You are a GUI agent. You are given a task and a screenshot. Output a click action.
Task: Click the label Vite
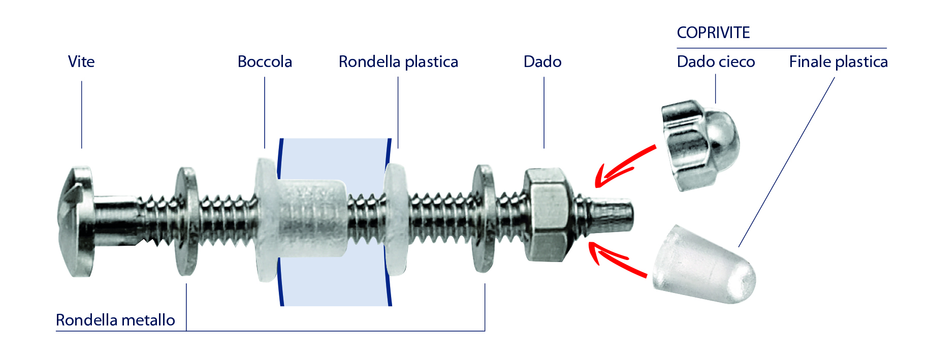tap(81, 62)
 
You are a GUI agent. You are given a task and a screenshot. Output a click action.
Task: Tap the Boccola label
tap(265, 62)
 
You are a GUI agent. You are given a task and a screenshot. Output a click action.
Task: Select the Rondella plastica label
tap(398, 62)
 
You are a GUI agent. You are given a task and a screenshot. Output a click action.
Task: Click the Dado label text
tap(542, 62)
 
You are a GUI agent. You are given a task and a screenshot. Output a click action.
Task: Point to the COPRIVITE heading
tap(713, 33)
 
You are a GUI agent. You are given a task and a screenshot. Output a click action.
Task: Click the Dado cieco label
tap(716, 62)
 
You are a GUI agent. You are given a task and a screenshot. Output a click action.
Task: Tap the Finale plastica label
tap(838, 62)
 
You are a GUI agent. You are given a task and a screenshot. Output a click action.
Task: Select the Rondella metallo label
tap(115, 320)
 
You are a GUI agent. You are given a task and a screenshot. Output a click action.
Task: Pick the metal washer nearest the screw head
tap(186, 221)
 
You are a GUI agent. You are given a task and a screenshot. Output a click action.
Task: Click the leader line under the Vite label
tap(82, 114)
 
